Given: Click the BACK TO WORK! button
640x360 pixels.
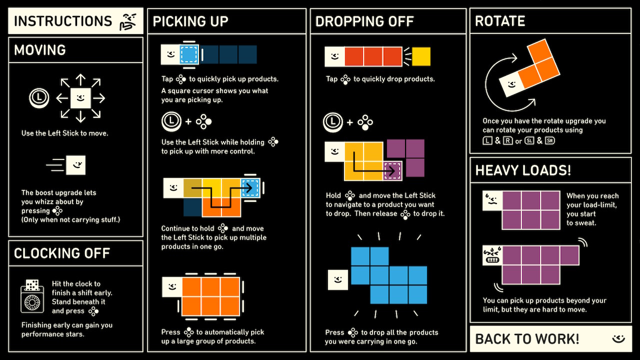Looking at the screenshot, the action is pyautogui.click(x=550, y=339).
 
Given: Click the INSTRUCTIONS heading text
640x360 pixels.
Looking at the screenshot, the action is pyautogui.click(x=63, y=21).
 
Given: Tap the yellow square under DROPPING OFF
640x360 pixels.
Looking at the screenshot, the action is pyautogui.click(x=421, y=56).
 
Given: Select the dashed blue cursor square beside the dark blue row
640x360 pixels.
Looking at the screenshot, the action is pyautogui.click(x=189, y=54).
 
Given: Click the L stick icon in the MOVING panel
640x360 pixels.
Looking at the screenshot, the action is pyautogui.click(x=39, y=97).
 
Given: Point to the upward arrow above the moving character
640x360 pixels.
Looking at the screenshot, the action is pyautogui.click(x=80, y=79).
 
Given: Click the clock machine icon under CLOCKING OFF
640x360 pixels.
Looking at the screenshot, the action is pyautogui.click(x=32, y=296).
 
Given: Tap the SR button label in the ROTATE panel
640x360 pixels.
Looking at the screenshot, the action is pyautogui.click(x=550, y=140).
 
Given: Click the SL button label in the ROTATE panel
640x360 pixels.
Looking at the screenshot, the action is pyautogui.click(x=529, y=140).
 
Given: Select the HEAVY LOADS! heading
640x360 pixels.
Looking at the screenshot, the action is pyautogui.click(x=523, y=170).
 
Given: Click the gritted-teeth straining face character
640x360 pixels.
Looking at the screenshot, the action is pyautogui.click(x=492, y=255).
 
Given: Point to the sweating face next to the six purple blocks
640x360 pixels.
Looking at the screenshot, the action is pyautogui.click(x=492, y=200).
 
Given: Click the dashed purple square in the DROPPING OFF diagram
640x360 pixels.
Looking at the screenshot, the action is pyautogui.click(x=392, y=171).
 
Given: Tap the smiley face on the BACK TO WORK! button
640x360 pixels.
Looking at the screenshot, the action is pyautogui.click(x=618, y=339).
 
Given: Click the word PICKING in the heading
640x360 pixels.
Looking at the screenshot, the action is pyautogui.click(x=179, y=21).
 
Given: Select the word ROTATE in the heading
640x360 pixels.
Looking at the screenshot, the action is pyautogui.click(x=500, y=21).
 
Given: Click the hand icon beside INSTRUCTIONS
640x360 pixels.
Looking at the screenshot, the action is pyautogui.click(x=127, y=22).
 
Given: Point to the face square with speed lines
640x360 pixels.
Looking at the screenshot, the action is pyautogui.click(x=75, y=165).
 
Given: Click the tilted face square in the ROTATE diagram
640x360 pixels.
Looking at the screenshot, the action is pyautogui.click(x=512, y=84).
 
